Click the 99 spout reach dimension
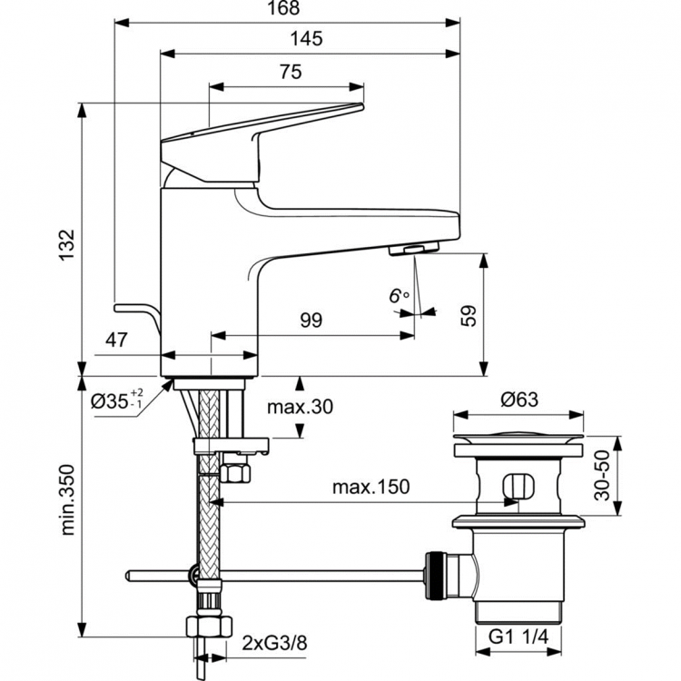[x=311, y=320]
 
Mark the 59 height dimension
[x=469, y=315]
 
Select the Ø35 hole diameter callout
[x=118, y=400]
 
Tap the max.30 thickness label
[x=300, y=407]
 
